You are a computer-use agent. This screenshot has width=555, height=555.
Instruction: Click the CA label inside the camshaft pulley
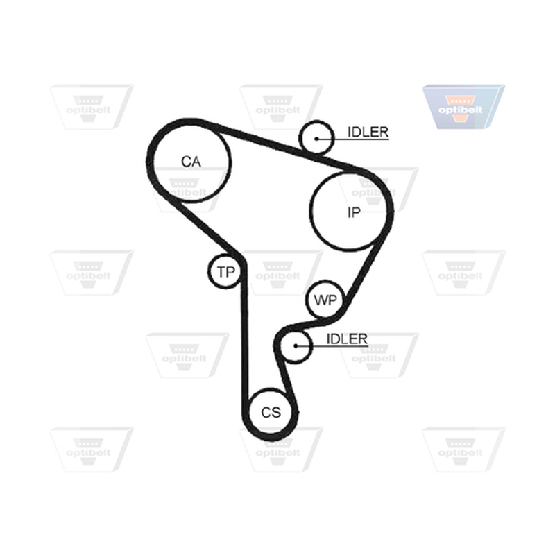(191, 162)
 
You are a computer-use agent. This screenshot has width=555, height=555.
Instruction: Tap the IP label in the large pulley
(354, 212)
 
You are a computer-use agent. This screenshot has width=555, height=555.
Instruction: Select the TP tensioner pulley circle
(224, 271)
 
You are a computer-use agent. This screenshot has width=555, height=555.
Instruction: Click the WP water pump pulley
(325, 300)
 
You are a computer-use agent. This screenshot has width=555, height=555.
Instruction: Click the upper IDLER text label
(368, 132)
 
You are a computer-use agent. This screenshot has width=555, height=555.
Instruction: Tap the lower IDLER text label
(347, 339)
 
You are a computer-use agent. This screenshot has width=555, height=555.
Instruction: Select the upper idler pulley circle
(316, 137)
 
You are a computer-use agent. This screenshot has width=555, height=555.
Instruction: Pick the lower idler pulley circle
(296, 346)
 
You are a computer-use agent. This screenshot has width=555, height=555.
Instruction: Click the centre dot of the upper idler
(316, 139)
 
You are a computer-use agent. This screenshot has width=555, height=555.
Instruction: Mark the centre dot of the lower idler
(296, 345)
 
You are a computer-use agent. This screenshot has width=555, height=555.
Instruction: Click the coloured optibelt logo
(463, 107)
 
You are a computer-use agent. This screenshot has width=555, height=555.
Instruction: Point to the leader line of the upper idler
(353, 139)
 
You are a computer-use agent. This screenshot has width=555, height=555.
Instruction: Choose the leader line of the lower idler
(332, 345)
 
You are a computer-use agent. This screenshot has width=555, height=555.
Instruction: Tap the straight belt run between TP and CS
(245, 333)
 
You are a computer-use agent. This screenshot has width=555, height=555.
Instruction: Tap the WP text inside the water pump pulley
(325, 300)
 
